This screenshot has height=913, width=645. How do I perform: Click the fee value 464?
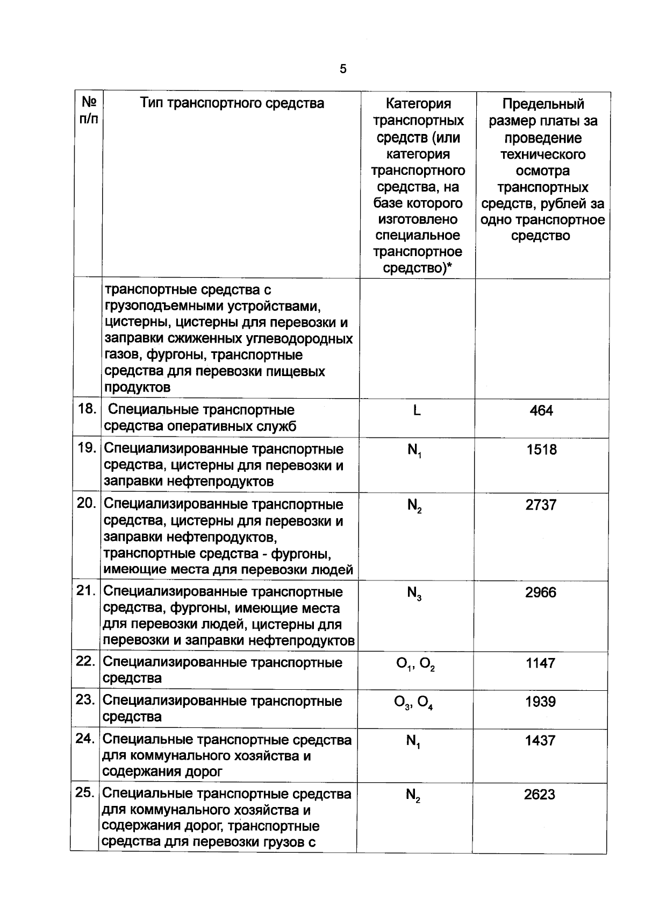point(541,411)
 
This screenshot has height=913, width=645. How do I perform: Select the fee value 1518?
point(541,450)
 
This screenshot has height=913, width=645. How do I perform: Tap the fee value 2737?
point(541,505)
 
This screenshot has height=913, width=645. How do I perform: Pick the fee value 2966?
point(541,593)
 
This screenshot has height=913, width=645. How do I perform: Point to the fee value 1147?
point(541,663)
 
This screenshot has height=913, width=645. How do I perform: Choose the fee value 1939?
point(541,702)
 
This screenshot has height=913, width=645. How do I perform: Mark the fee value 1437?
point(540,741)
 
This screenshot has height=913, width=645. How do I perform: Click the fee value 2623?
point(540,795)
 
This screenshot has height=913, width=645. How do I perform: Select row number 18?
point(87,409)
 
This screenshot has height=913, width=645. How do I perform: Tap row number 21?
point(86,591)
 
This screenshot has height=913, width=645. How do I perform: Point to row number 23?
point(85,700)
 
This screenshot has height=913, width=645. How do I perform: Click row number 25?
point(85,793)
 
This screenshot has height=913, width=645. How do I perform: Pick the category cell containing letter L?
point(417,411)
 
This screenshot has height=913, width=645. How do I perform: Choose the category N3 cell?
point(414,594)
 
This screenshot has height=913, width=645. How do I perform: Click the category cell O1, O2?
point(415,664)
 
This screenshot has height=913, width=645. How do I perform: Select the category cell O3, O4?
point(414,703)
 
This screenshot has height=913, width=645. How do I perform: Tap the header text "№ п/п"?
point(89,110)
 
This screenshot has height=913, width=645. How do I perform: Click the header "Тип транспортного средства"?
point(232,103)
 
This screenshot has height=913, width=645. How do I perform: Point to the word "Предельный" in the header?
point(543,104)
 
